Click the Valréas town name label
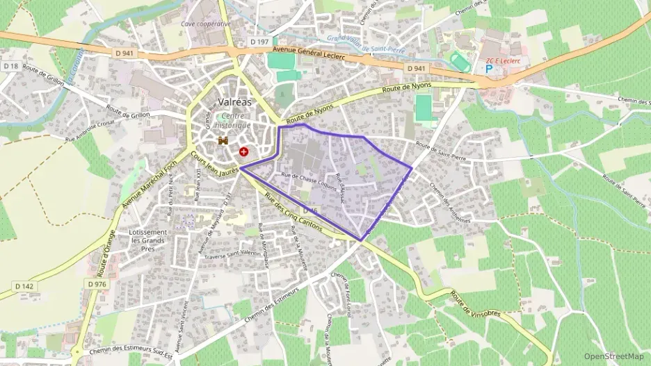point(234,101)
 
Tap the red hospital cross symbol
point(243,151)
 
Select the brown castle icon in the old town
point(223,141)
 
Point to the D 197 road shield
point(259,42)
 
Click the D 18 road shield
point(10,66)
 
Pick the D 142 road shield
point(23,285)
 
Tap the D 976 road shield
point(97,283)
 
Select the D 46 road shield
point(310,210)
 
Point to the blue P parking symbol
point(488,69)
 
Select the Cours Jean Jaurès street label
point(215,161)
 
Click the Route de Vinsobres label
point(477,305)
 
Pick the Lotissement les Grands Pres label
point(148,240)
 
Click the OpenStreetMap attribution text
point(613,356)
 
